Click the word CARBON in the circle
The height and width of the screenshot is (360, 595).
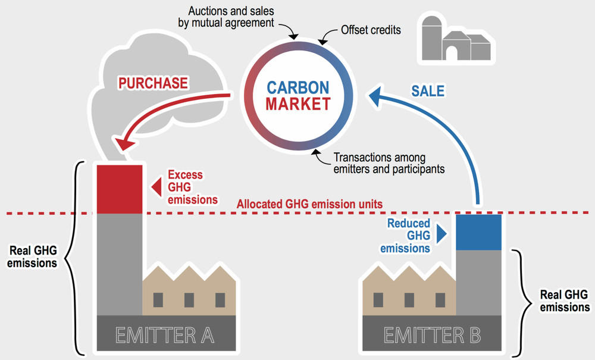298,87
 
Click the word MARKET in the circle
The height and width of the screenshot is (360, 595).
298,104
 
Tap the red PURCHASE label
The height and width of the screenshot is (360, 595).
153,83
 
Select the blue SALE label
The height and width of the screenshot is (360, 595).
428,90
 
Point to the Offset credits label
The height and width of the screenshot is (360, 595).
371,30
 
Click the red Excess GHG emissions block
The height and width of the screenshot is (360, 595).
120,189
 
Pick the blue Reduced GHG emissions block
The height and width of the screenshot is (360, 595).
478,232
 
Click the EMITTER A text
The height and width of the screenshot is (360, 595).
165,336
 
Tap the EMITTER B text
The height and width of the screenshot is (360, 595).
432,336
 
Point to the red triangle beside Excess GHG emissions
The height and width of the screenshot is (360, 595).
156,187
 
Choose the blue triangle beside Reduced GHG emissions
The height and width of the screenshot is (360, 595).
441,234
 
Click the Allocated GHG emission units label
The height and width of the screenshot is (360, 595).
309,204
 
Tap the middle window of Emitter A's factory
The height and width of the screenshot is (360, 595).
189,300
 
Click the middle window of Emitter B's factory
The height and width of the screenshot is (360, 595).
409,300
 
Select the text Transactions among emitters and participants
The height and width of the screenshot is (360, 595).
389,163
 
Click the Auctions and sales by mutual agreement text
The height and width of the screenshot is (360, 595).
226,17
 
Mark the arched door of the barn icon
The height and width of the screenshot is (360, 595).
451,53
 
